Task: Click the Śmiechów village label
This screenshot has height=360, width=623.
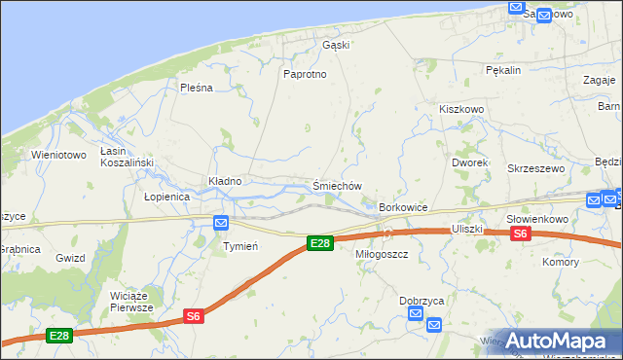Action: point(337,186)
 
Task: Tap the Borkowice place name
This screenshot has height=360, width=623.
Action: point(403,208)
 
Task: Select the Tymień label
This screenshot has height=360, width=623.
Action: point(240,246)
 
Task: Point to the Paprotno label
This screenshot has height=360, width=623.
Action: point(304,74)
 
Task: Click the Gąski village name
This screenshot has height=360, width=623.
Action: point(336,45)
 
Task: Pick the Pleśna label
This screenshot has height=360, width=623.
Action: point(196,88)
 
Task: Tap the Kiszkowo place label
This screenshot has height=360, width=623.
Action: point(461,110)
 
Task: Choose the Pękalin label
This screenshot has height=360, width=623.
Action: point(503,70)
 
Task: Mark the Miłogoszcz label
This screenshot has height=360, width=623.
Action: point(381,254)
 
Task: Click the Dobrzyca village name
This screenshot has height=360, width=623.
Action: point(421,301)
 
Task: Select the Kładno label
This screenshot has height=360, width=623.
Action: point(225,181)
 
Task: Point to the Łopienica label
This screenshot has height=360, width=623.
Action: point(166,197)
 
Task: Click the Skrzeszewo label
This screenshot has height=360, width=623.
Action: point(536,168)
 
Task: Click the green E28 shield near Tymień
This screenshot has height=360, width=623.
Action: point(319,242)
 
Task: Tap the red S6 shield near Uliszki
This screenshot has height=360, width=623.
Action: point(520,234)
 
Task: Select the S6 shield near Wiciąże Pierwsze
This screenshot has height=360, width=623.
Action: point(194,315)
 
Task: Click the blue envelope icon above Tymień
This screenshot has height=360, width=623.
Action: point(221,223)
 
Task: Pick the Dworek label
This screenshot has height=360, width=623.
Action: point(469,162)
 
